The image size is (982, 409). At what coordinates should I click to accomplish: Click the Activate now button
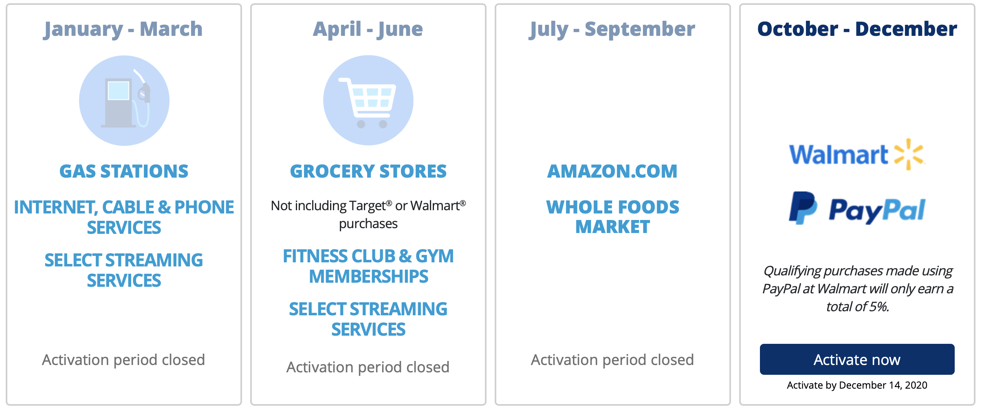[x=857, y=359]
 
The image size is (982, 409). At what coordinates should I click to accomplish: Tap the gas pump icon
[x=124, y=101]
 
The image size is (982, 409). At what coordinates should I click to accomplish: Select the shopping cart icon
[x=368, y=100]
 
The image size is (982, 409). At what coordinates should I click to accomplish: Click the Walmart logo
[x=857, y=154]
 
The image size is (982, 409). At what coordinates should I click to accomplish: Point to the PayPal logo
[x=857, y=208]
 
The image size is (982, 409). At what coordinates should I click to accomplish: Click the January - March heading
[x=123, y=29]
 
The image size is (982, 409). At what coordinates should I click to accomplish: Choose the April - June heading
[x=368, y=29]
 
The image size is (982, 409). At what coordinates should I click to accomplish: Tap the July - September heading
[x=612, y=29]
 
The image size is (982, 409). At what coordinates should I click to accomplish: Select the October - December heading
[x=857, y=29]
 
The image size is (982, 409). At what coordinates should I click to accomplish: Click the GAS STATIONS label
[x=124, y=171]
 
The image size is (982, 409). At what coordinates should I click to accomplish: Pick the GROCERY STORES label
[x=368, y=171]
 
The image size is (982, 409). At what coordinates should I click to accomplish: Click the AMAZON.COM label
[x=612, y=171]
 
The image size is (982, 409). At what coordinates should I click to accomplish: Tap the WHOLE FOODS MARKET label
[x=613, y=217]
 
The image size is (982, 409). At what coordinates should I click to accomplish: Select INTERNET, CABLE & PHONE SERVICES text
[x=124, y=217]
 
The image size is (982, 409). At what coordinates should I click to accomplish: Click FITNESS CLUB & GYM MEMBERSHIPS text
[x=368, y=266]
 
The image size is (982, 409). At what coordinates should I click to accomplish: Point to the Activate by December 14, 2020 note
[x=857, y=385]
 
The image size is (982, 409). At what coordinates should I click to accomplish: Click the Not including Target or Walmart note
[x=368, y=215]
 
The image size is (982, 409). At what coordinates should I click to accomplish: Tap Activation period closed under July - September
[x=612, y=360]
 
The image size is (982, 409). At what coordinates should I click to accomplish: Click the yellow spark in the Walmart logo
[x=909, y=154]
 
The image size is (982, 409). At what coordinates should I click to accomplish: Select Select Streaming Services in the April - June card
[x=368, y=319]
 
